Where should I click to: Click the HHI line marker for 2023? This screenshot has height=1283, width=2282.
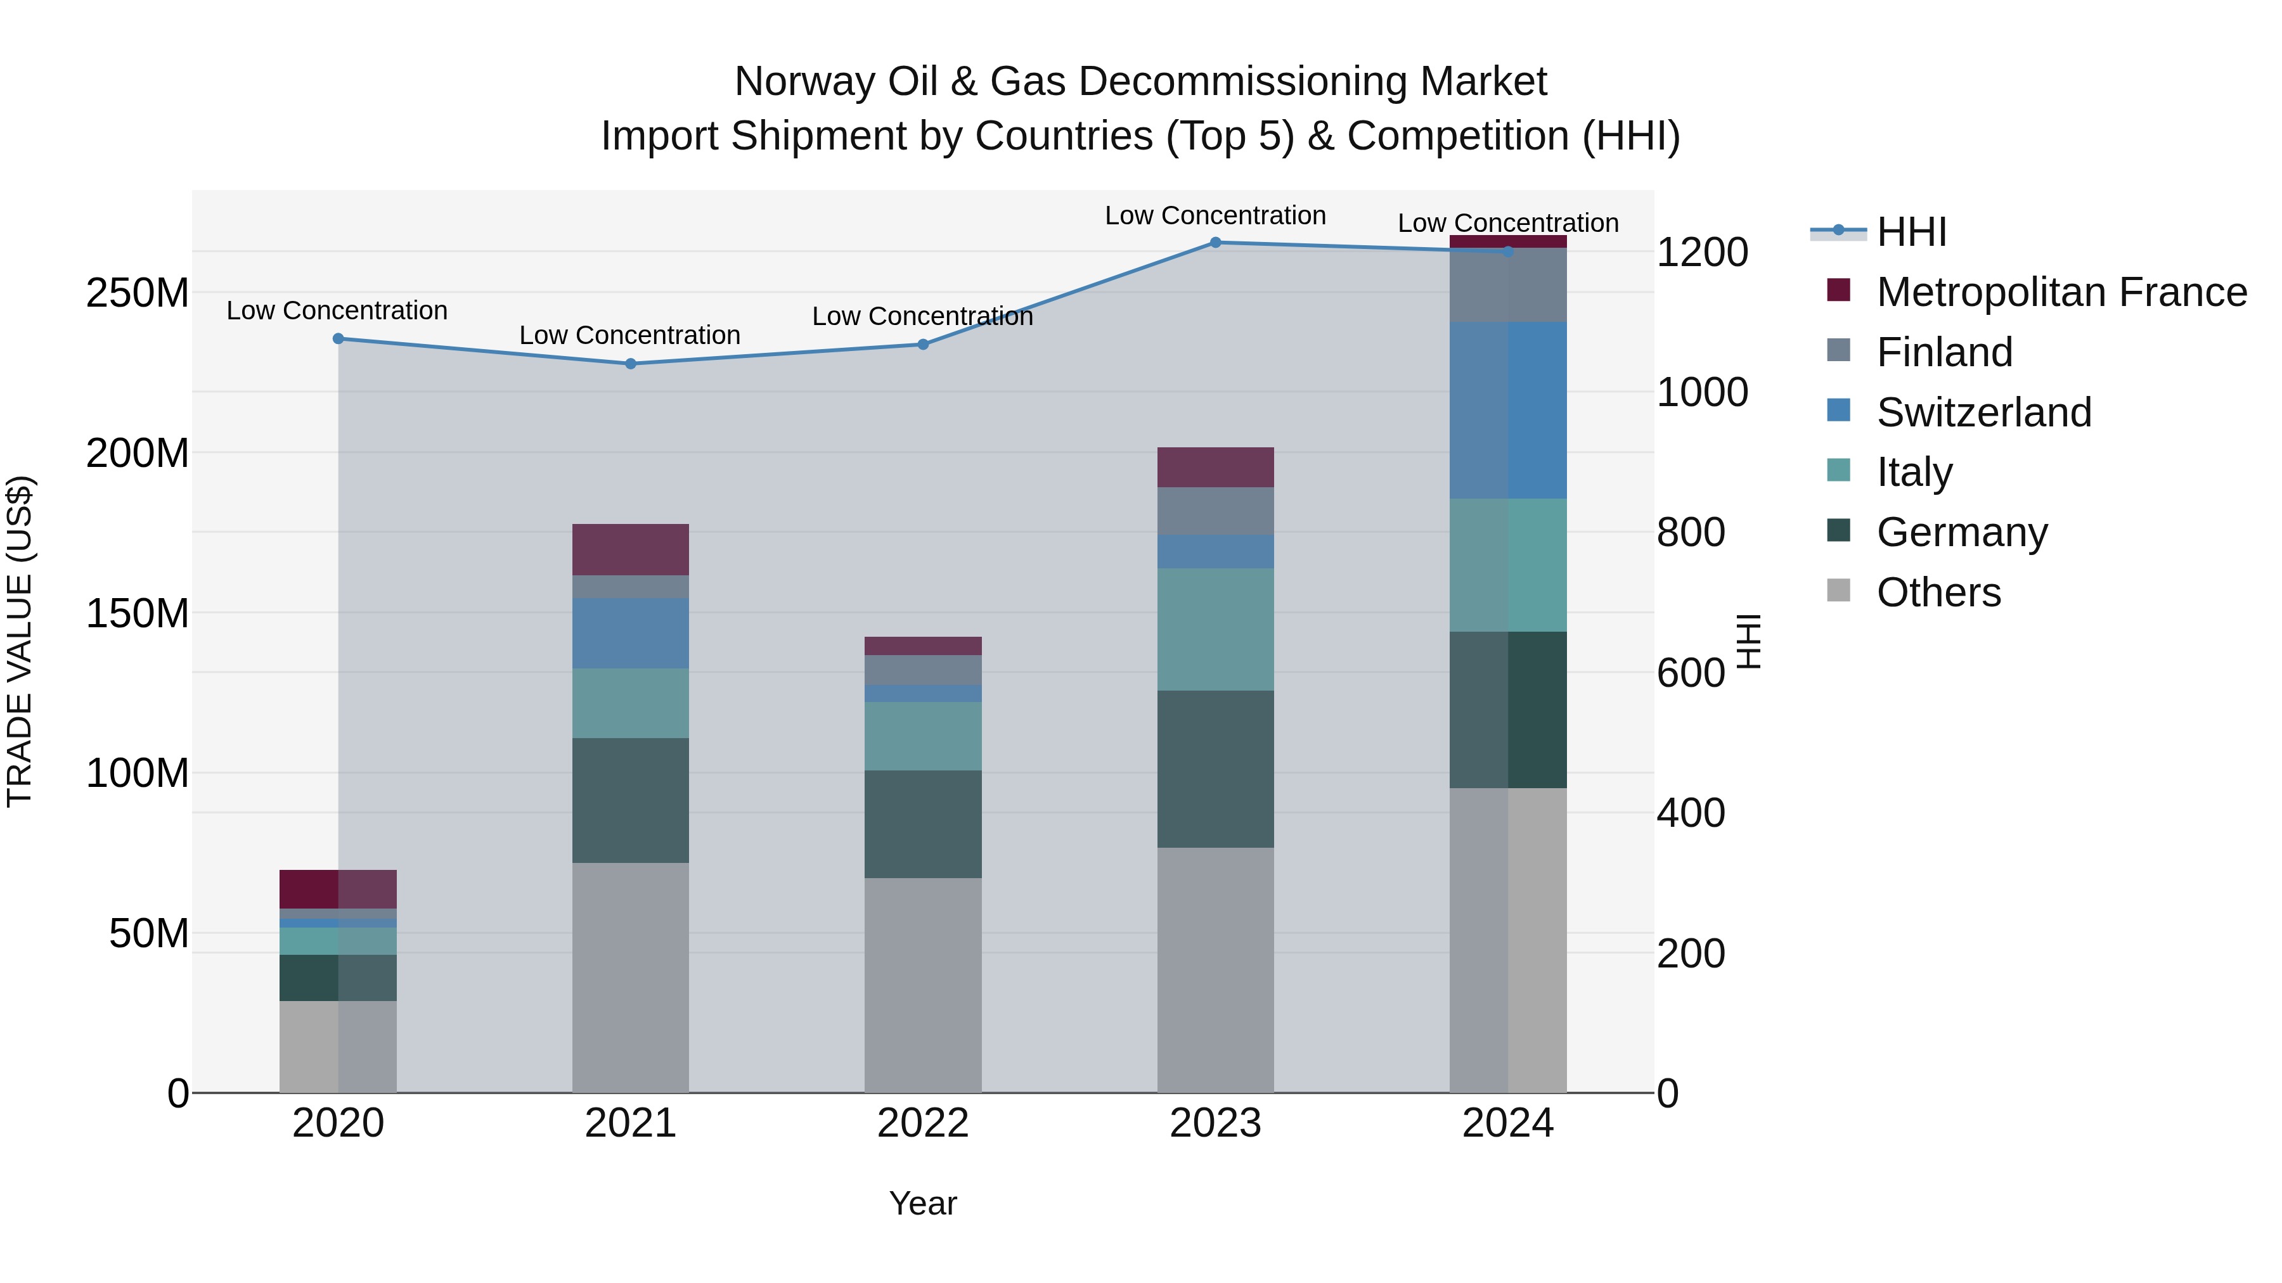click(x=1215, y=243)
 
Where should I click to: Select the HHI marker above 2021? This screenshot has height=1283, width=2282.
click(x=631, y=364)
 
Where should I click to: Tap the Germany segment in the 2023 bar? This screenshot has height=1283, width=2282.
click(x=1215, y=769)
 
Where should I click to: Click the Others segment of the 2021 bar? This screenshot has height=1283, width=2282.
click(x=631, y=978)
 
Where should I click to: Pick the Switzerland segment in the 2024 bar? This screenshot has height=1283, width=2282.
click(x=1508, y=410)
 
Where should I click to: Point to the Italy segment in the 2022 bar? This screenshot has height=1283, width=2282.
click(x=923, y=736)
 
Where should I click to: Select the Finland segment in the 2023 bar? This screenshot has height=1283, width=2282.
click(x=1215, y=511)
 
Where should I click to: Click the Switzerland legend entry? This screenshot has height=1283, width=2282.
click(x=1983, y=412)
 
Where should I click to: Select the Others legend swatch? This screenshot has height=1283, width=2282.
click(x=1839, y=590)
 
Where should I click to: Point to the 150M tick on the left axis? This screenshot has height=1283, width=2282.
click(x=138, y=613)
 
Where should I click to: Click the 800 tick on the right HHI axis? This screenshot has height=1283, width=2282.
click(x=1690, y=532)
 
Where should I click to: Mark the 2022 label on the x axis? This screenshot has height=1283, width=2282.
click(x=923, y=1123)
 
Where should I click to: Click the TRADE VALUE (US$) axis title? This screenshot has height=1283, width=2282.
click(x=20, y=641)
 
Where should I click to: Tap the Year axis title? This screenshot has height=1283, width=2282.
click(x=923, y=1203)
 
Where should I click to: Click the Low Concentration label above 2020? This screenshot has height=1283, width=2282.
click(x=337, y=311)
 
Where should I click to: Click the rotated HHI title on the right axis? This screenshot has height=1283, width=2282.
click(x=1748, y=641)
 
